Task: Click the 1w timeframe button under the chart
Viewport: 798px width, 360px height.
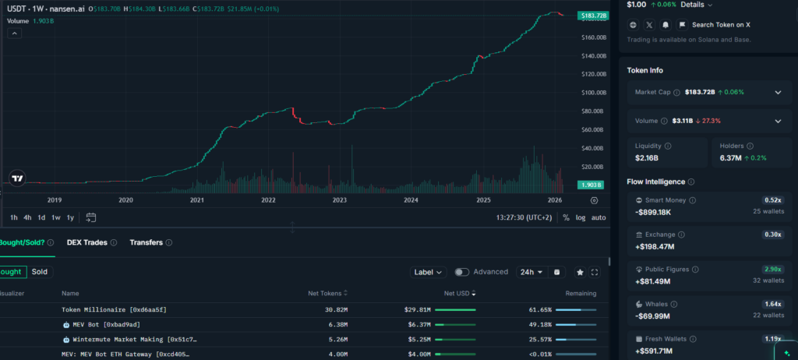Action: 56,217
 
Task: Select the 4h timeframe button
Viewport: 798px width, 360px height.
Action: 27,217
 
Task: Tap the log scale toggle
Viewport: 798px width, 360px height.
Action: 581,217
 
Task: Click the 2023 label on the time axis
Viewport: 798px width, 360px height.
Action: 340,200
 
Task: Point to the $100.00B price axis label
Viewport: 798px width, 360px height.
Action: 595,93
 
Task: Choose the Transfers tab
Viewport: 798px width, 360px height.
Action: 146,242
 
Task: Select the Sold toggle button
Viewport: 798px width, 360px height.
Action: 40,272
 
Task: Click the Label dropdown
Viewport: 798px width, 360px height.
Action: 429,272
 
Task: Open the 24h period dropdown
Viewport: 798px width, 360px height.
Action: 531,272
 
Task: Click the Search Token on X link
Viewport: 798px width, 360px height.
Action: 703,25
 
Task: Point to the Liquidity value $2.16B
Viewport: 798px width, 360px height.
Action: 647,157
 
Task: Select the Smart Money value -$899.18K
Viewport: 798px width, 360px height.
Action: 659,211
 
